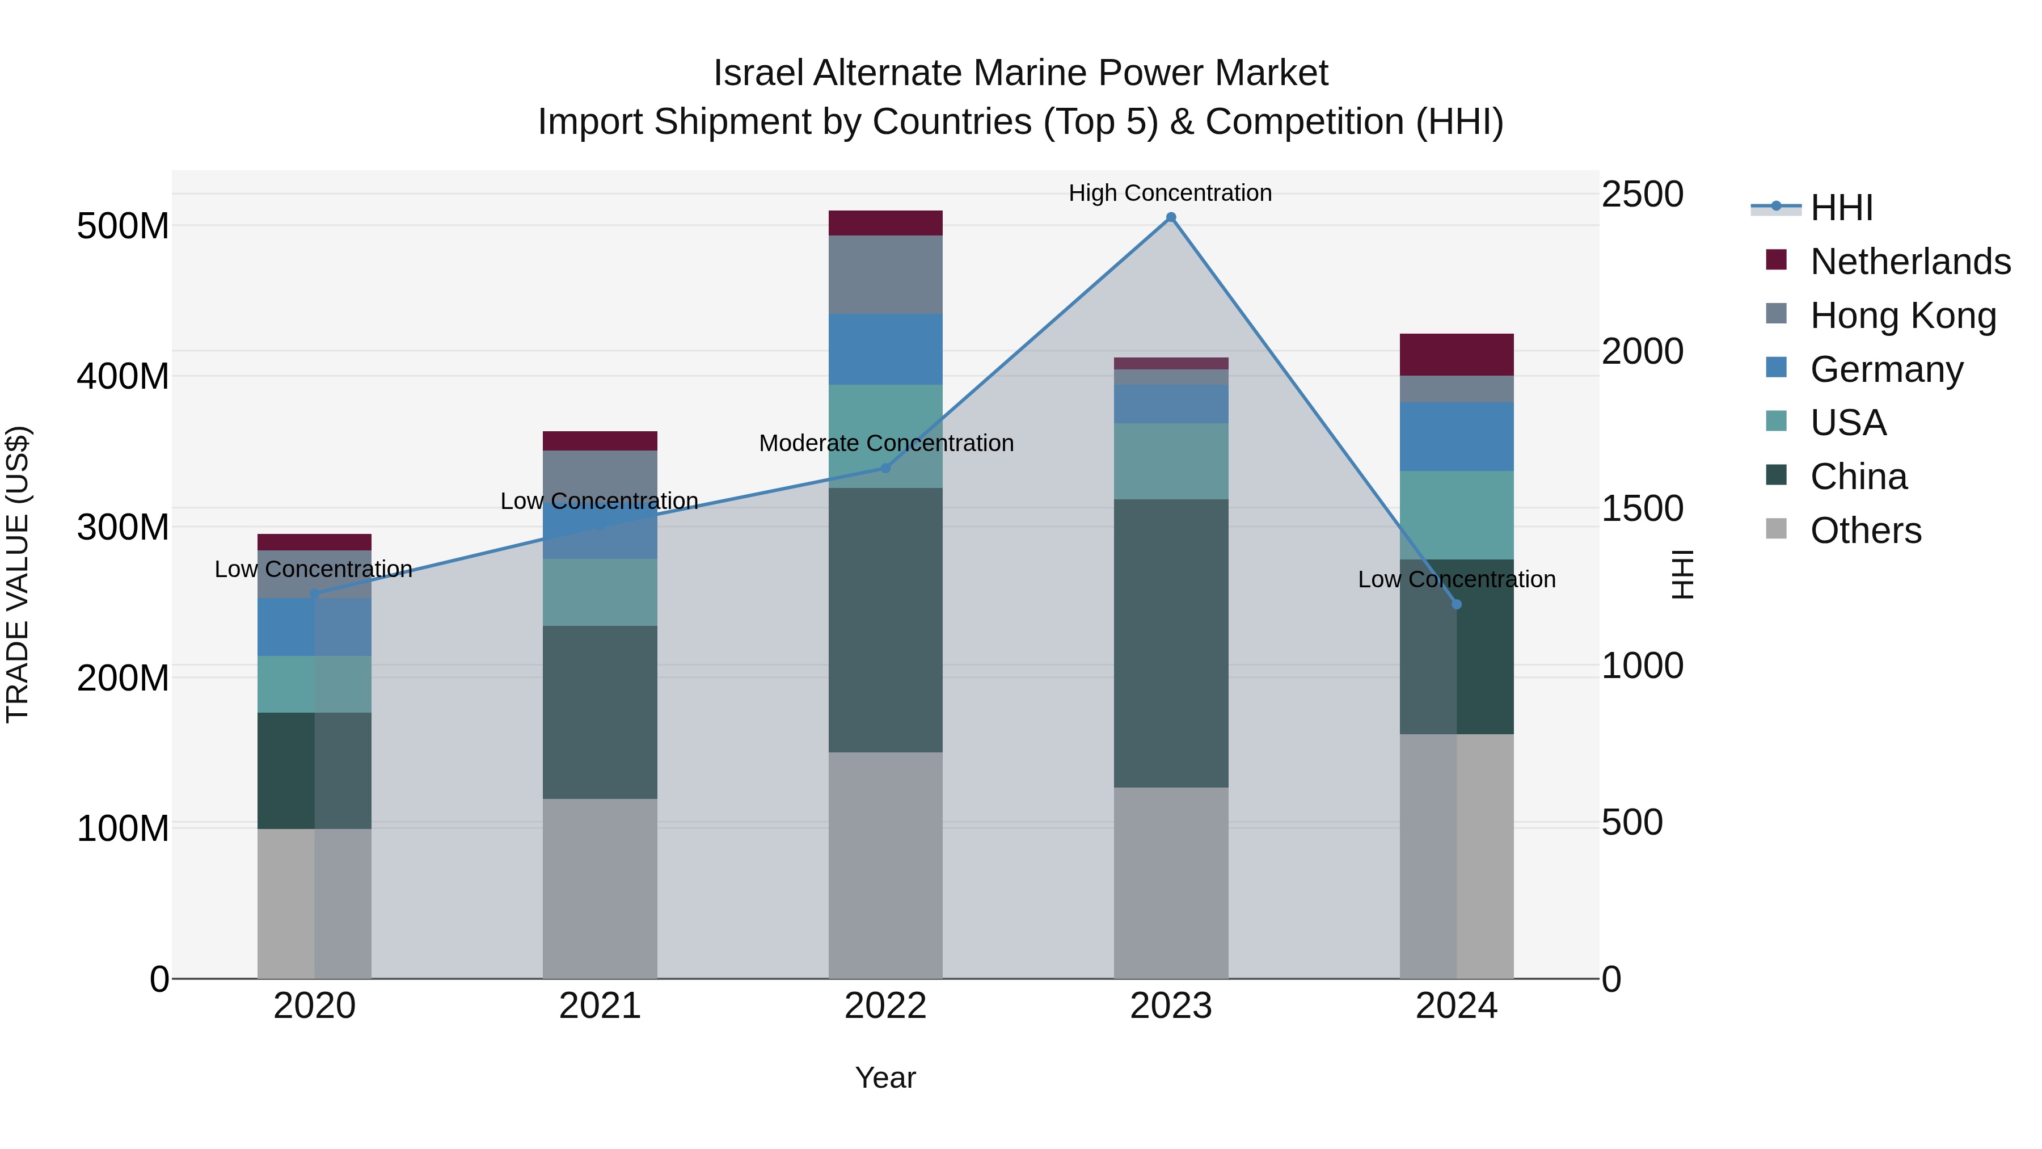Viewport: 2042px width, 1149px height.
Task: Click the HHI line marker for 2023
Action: [1171, 217]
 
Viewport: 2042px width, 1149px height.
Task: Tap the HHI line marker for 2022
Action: [885, 468]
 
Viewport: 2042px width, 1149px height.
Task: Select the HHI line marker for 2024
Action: [1456, 604]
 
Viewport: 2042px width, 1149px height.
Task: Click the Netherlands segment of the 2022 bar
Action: [885, 223]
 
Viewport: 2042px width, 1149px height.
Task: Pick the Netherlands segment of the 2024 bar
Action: [1456, 355]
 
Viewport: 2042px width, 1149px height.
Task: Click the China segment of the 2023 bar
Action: [1171, 642]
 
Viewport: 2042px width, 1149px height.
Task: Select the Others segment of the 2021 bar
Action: [600, 888]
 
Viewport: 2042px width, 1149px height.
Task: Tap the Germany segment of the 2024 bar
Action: [1456, 436]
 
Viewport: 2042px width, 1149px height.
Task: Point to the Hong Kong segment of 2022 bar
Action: [885, 275]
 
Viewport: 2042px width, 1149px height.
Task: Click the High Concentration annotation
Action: [1170, 193]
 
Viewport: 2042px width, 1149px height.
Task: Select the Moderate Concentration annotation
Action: [886, 443]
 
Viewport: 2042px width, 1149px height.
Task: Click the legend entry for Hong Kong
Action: [1902, 315]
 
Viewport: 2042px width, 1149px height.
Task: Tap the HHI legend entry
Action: [1841, 208]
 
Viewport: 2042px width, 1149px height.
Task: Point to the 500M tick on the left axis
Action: [123, 226]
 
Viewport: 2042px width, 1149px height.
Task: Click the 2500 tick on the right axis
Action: [1643, 194]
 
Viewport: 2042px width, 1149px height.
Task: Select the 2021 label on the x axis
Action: [600, 1006]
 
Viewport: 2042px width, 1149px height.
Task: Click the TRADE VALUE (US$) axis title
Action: [18, 574]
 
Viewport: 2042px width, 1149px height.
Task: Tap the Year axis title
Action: [885, 1078]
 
